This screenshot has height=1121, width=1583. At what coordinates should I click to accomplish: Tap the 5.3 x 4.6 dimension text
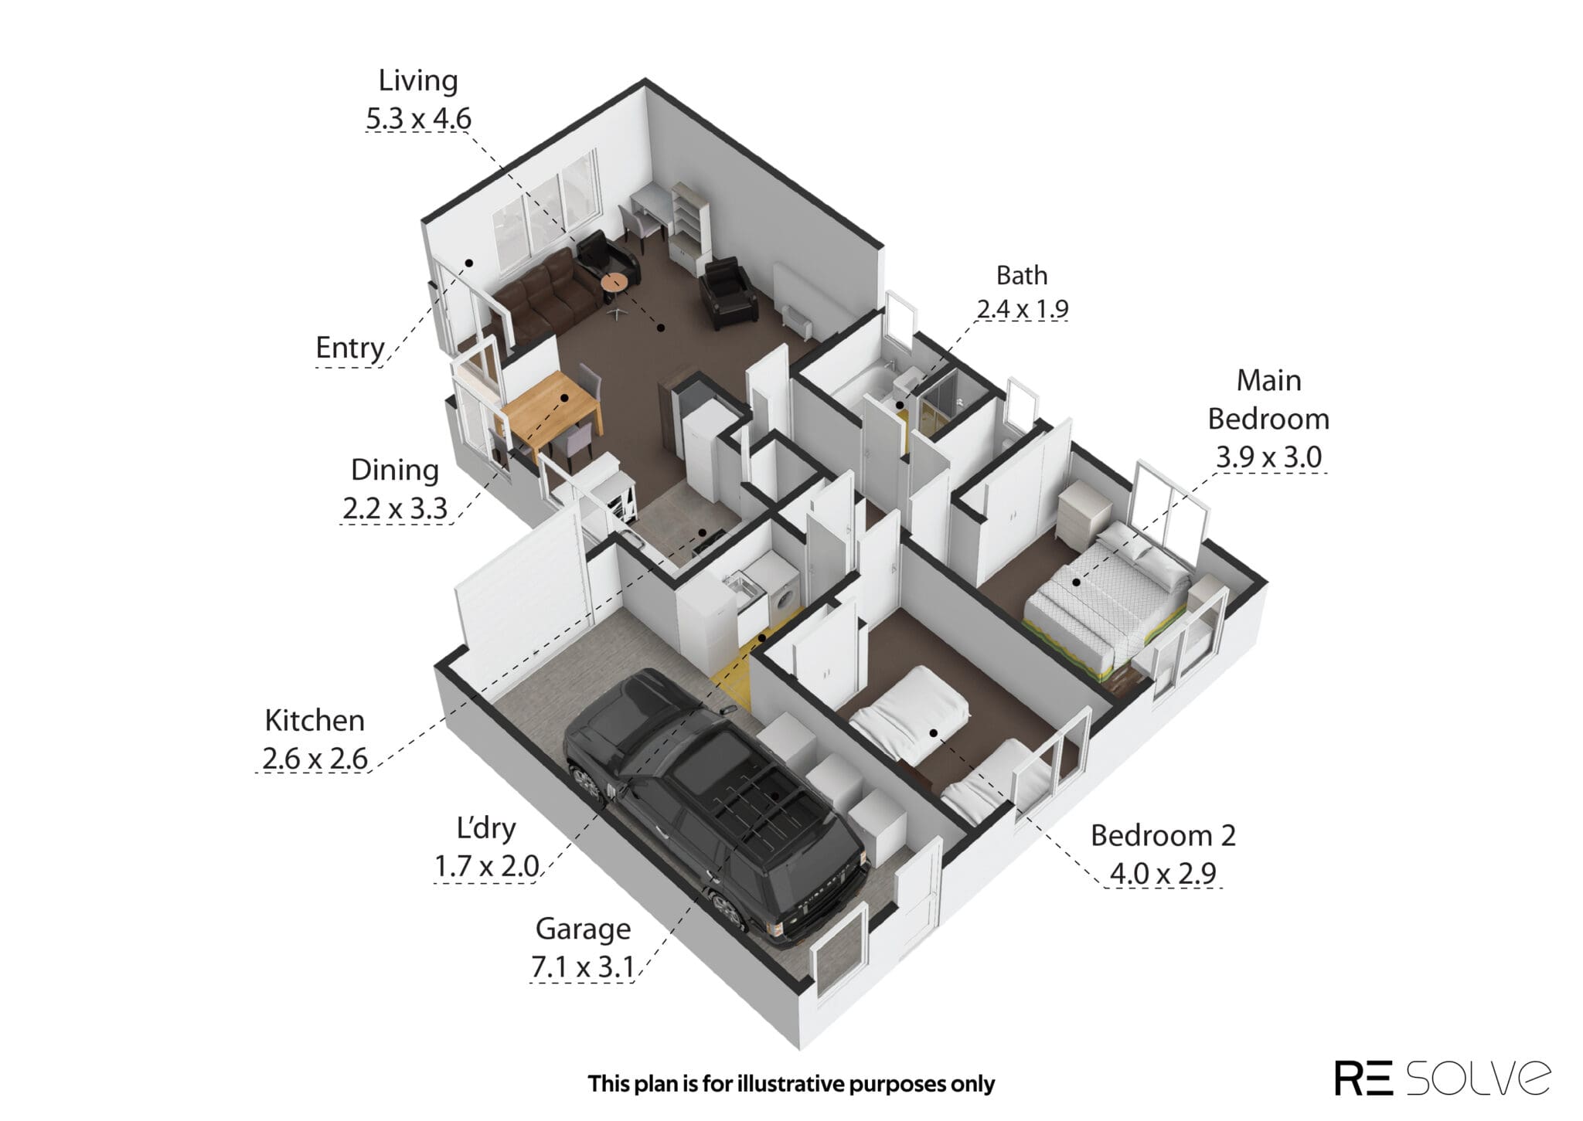pyautogui.click(x=418, y=119)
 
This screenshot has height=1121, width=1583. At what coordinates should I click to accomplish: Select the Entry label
pyautogui.click(x=350, y=348)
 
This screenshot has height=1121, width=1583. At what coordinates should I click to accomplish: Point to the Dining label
pyautogui.click(x=394, y=470)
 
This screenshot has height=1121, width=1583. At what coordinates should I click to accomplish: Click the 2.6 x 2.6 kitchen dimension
pyautogui.click(x=315, y=759)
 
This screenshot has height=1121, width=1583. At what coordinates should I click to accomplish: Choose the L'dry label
pyautogui.click(x=486, y=828)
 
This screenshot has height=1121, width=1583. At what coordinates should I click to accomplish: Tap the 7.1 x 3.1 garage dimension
pyautogui.click(x=582, y=967)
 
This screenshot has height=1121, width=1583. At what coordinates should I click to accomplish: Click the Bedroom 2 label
pyautogui.click(x=1163, y=835)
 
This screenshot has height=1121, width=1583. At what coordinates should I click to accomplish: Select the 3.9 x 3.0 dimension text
pyautogui.click(x=1268, y=457)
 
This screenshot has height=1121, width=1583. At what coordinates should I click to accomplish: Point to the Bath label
pyautogui.click(x=1022, y=275)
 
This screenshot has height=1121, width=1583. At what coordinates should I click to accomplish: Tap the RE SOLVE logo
pyautogui.click(x=1442, y=1077)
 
